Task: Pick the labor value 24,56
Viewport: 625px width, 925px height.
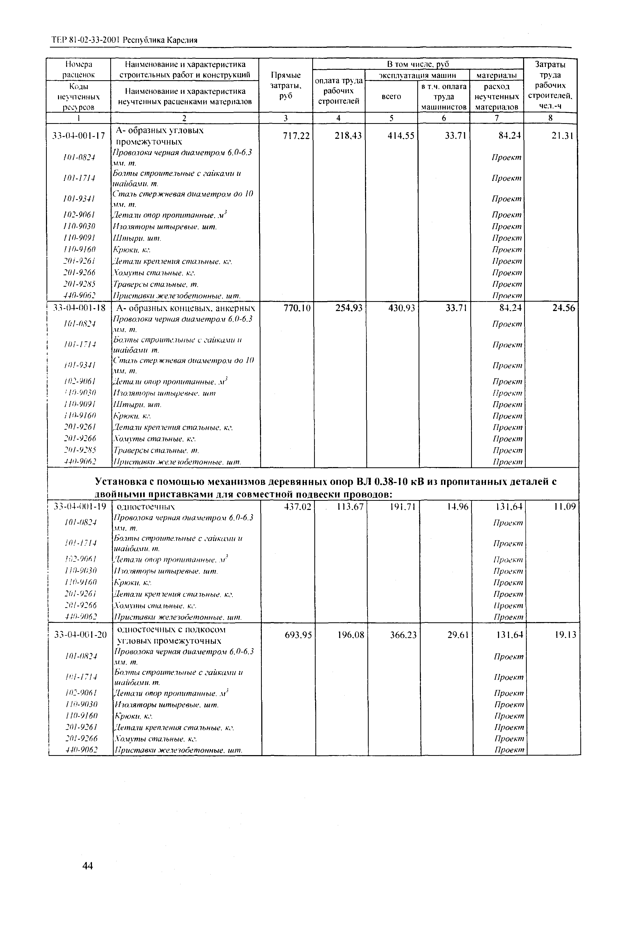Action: coord(564,308)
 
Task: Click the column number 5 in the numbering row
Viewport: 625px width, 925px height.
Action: coord(391,118)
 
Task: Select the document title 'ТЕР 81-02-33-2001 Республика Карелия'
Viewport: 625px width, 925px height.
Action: coord(125,40)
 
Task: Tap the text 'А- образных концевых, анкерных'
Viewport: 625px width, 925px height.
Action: coord(186,308)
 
